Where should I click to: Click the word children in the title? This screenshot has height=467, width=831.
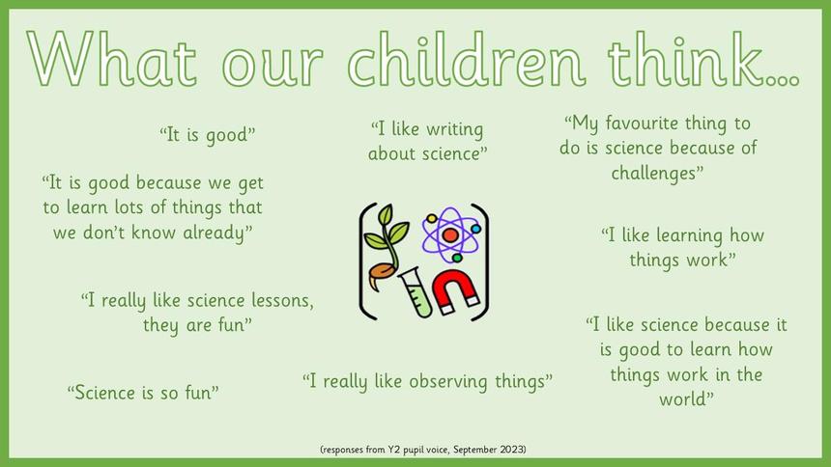coord(467,59)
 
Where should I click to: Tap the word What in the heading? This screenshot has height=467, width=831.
coord(112,59)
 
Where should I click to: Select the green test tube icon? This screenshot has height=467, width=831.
coord(416,291)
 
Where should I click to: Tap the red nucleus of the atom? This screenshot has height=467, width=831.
coord(450,235)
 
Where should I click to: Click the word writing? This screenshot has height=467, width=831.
coord(455,129)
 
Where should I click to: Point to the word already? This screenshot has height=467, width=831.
coord(217,233)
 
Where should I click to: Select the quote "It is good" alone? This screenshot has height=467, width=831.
coord(207,134)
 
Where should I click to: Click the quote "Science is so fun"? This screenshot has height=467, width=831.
coord(143,393)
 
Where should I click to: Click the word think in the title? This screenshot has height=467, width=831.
coord(690,59)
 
